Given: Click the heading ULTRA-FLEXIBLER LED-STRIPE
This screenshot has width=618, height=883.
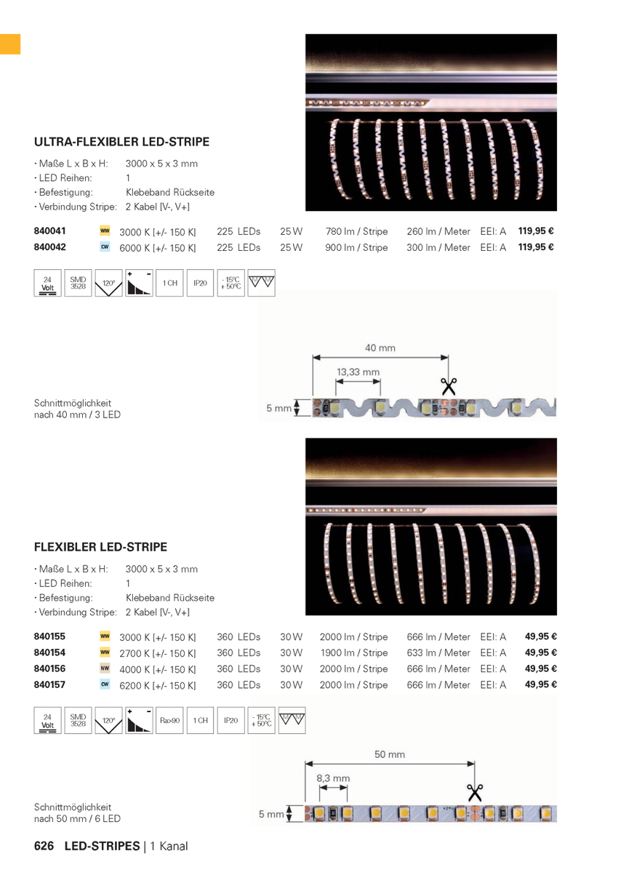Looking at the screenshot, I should pos(121,142).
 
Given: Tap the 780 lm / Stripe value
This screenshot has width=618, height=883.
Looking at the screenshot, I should pos(356,231).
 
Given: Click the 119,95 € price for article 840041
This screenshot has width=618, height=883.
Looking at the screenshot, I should pos(536,231).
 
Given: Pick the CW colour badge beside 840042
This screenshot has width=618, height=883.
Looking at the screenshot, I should pos(105,247).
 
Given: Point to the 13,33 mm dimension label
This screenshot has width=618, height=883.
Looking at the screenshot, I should pos(358,372).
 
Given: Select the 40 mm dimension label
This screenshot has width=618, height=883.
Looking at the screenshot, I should pos(380,348).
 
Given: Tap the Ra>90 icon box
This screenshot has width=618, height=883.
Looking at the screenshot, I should pos(169,721).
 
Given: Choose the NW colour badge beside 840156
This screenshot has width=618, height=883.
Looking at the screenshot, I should pos(105,668).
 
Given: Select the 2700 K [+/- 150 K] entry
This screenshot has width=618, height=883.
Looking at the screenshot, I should pos(158,653).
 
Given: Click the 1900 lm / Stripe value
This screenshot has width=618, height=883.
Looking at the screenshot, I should pos(354,652).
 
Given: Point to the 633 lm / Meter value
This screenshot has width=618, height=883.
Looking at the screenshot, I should pos(438,652).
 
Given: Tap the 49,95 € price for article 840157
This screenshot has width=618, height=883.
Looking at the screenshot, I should pos(540,684).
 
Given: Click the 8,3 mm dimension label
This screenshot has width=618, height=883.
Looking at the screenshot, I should pos(333,778).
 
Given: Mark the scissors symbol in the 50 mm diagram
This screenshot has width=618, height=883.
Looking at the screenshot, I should pos(475,791).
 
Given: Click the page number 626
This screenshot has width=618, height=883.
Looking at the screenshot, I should pos(44,846).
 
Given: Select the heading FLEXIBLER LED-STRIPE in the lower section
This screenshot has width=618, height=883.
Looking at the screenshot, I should pos(100,547).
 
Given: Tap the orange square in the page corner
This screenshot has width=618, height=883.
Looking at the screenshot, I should pos(10,44).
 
